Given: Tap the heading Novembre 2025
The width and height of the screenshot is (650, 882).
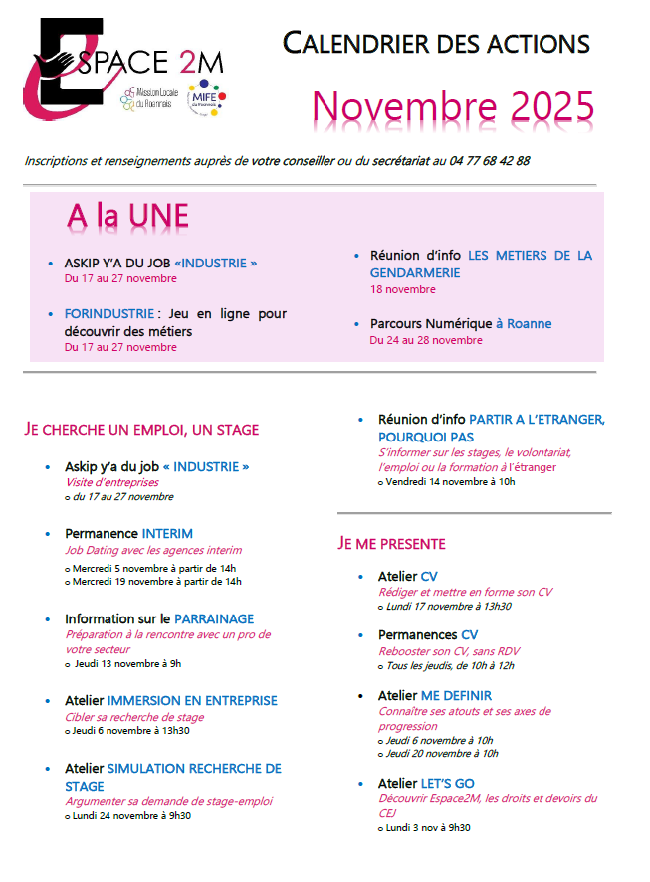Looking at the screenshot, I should (453, 106).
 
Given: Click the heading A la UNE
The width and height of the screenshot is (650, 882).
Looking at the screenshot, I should (127, 215).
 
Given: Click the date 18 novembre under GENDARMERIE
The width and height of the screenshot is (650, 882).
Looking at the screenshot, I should (402, 290).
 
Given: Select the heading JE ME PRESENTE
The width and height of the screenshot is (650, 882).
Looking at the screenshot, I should (391, 544).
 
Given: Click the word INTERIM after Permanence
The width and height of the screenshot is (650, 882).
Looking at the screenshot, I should (167, 534).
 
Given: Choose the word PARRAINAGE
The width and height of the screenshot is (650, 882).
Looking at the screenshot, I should (214, 618).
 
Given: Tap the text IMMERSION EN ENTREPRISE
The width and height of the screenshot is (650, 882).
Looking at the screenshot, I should (192, 701).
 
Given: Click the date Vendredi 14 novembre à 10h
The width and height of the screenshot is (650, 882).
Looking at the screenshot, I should (450, 482).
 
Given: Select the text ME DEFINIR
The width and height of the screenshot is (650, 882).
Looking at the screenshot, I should (456, 696).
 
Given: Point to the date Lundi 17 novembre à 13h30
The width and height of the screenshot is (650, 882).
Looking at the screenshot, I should (448, 607).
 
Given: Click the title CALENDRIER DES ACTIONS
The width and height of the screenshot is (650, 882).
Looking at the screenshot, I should (436, 43).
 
